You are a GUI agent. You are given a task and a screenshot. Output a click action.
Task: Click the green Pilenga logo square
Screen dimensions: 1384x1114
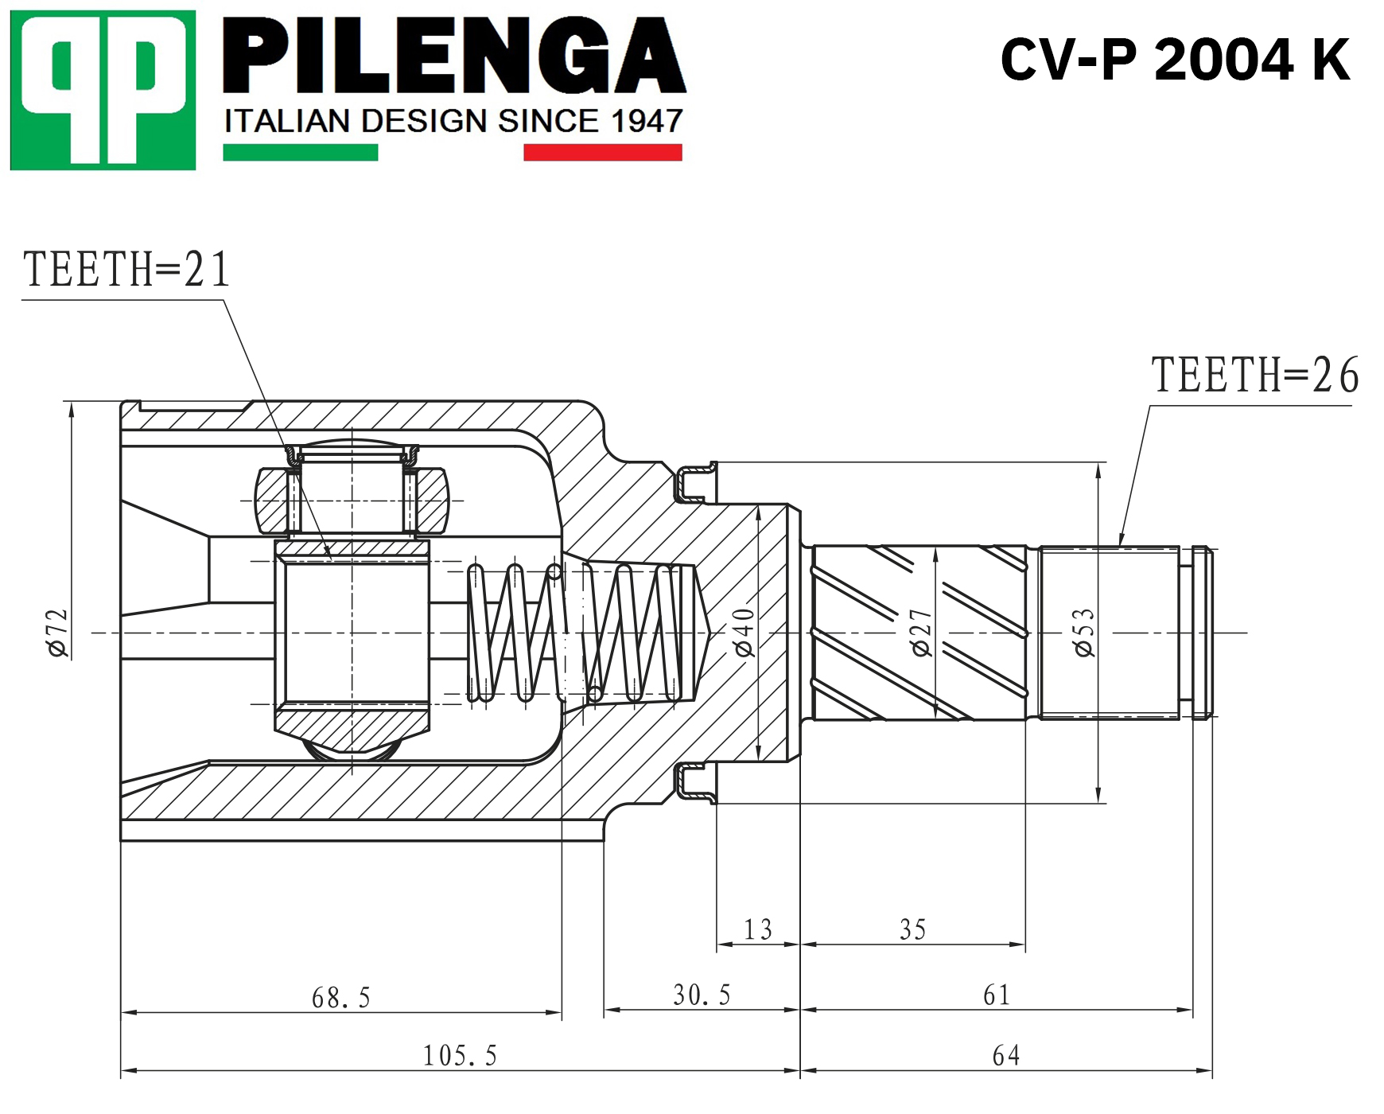click(103, 90)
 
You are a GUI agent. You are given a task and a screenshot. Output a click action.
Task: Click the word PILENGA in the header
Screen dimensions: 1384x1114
click(454, 56)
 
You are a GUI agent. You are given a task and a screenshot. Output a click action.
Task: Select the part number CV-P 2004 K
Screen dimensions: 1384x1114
click(1175, 60)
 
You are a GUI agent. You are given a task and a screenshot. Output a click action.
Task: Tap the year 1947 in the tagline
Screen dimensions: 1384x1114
click(647, 121)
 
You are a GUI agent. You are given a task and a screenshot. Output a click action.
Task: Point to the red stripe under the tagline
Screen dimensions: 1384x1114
click(603, 152)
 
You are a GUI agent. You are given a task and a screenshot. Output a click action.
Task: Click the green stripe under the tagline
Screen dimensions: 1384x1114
click(301, 152)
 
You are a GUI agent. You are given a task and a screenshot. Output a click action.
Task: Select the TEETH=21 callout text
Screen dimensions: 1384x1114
click(126, 269)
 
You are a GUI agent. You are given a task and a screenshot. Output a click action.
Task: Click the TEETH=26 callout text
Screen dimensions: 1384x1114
click(1255, 375)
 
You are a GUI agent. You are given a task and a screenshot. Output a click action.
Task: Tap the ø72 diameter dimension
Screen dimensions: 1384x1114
click(57, 633)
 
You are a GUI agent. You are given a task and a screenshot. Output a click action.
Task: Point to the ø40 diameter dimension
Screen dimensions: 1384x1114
click(744, 633)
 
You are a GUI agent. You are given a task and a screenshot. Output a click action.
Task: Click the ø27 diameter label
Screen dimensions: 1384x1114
click(921, 633)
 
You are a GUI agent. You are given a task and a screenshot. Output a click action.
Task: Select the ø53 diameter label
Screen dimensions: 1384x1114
click(1084, 633)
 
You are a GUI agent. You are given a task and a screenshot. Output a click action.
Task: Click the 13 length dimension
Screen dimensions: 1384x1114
click(758, 929)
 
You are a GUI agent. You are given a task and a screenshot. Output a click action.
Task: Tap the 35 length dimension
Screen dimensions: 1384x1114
click(913, 929)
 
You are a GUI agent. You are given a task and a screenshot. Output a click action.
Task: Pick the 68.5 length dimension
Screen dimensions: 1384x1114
click(341, 998)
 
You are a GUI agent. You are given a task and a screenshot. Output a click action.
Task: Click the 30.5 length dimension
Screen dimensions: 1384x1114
click(702, 995)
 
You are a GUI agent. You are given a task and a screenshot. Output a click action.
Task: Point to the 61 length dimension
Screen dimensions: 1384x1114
click(997, 995)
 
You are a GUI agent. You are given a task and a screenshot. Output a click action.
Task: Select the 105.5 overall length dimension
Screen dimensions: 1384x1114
click(460, 1056)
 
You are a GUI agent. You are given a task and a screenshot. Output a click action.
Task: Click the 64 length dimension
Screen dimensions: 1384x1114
click(1006, 1055)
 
